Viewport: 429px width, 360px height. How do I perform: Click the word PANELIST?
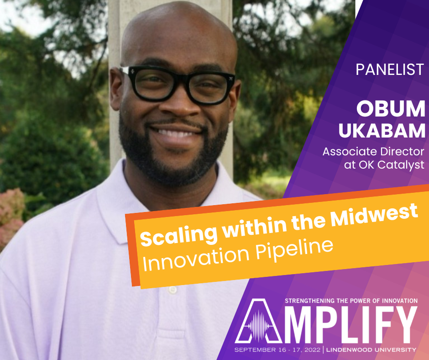point(390,69)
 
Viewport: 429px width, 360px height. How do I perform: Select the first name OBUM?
point(391,109)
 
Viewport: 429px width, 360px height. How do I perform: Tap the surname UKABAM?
point(382,131)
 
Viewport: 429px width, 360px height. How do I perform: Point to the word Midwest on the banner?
point(374,216)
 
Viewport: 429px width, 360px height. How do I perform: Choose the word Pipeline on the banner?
point(294,249)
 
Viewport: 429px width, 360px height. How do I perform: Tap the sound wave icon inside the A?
point(258,326)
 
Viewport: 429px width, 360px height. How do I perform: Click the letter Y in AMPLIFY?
point(403,324)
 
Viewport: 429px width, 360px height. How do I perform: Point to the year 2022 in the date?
point(311,350)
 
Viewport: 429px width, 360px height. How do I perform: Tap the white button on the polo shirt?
point(173,290)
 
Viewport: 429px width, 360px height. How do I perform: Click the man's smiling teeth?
point(175,134)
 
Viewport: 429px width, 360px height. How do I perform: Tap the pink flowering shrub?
point(11,217)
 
